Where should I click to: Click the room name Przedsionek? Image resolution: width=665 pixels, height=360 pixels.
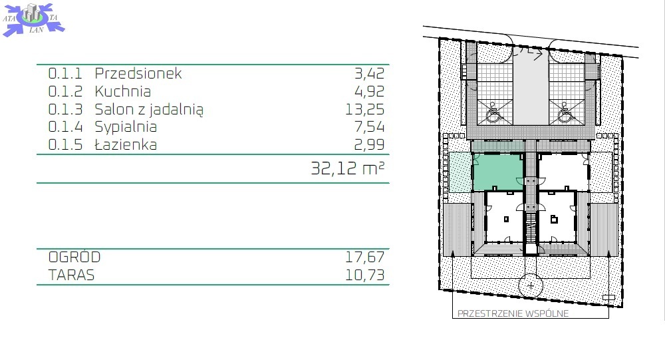(x=138, y=73)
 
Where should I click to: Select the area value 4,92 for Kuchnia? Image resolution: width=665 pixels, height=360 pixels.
(x=369, y=91)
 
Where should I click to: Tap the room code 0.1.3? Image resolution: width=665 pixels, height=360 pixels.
(x=65, y=109)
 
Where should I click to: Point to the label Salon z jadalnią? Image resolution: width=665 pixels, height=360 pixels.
(x=149, y=110)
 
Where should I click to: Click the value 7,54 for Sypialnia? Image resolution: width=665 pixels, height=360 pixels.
(x=369, y=126)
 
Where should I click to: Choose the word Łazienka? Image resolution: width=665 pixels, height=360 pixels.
(x=126, y=144)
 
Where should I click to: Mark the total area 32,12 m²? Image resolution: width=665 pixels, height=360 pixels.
(x=348, y=168)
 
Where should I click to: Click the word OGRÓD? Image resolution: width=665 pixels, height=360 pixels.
(x=74, y=257)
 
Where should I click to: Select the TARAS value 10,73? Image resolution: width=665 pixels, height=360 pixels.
(x=364, y=275)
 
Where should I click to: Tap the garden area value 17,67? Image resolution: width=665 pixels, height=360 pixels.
(x=364, y=257)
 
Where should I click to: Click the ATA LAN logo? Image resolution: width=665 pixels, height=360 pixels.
(x=33, y=19)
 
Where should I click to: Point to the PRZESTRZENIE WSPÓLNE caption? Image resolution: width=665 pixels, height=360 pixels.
(x=513, y=313)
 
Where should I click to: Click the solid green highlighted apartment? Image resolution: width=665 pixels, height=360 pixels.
(x=498, y=172)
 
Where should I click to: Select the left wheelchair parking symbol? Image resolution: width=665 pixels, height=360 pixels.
(x=493, y=111)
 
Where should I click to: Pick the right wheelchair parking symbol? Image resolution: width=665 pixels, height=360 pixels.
(x=565, y=112)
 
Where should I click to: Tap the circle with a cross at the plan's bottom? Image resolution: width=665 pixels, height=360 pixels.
(x=531, y=285)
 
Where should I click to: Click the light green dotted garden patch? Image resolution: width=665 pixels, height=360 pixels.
(x=460, y=172)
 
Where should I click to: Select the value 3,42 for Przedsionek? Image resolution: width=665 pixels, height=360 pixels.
(x=369, y=73)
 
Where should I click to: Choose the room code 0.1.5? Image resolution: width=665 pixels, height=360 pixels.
(x=65, y=144)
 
